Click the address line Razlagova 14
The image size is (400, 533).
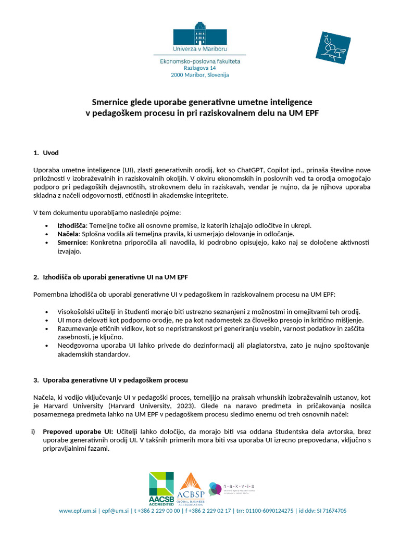[199, 68]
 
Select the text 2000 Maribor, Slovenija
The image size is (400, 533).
[199, 75]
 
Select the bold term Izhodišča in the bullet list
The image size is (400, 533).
[72, 225]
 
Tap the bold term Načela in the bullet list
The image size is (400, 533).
[69, 234]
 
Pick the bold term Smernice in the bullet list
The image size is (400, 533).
[72, 243]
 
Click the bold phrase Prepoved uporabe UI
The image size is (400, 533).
[78, 432]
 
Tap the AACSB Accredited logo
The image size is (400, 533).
[161, 489]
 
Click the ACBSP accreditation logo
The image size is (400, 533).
[191, 490]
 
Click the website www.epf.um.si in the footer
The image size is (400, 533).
[78, 511]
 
